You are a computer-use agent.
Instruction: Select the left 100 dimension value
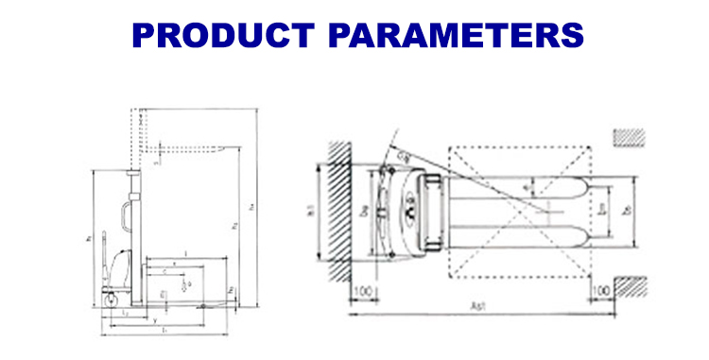tap(362, 289)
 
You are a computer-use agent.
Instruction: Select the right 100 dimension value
tap(598, 289)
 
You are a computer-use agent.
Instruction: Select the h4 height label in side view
tap(252, 206)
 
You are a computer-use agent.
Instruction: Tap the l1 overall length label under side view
tap(164, 330)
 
